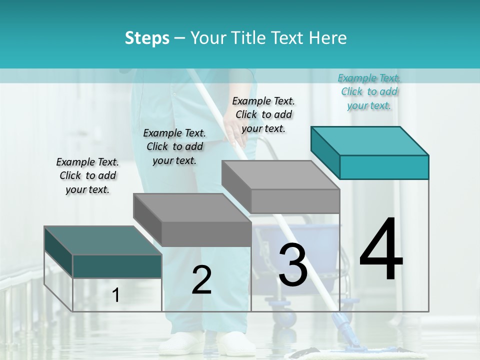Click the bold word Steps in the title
tap(147, 38)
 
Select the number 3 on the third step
tap(292, 265)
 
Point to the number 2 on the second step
tap(201, 280)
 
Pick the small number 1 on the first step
tap(115, 295)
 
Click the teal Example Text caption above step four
tap(369, 91)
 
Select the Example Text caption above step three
tap(263, 114)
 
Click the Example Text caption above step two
tap(174, 146)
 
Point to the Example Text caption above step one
tap(87, 175)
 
